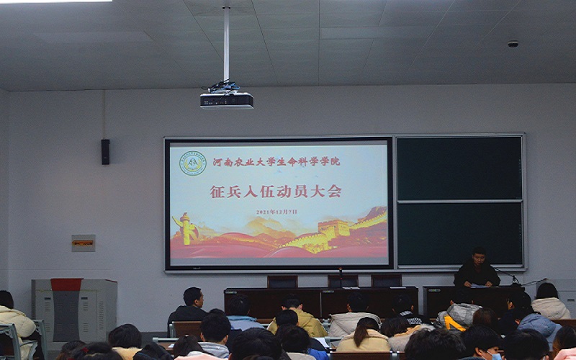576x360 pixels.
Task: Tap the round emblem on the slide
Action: [192, 163]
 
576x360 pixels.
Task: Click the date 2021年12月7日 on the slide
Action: [276, 212]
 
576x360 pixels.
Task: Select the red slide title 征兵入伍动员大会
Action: [276, 192]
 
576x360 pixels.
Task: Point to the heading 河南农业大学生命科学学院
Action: [276, 161]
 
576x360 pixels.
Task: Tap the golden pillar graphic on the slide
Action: [186, 230]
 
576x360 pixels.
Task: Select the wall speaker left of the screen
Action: [105, 151]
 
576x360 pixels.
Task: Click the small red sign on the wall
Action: [83, 243]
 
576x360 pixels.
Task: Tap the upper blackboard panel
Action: [459, 168]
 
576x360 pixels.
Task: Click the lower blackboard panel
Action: [459, 233]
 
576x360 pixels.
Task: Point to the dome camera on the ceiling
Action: [513, 44]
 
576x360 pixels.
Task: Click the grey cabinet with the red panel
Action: [73, 309]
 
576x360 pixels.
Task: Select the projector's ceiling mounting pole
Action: [226, 43]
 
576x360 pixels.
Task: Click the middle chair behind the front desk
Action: [342, 281]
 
